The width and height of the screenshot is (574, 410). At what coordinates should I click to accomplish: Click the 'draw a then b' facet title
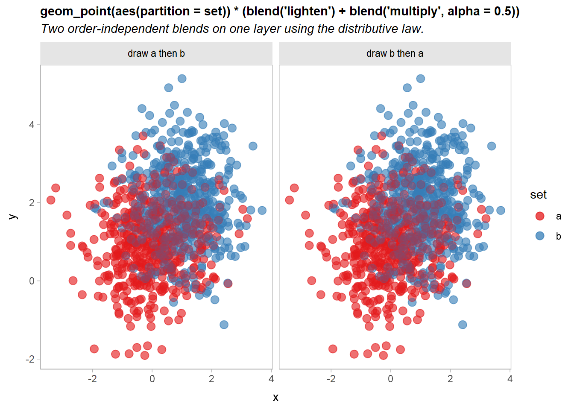[x=156, y=53]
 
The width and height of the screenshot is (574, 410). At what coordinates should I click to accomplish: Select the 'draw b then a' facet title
[x=395, y=53]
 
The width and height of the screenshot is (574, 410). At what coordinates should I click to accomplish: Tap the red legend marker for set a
[x=540, y=216]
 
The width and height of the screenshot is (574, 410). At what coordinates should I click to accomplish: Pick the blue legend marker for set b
[x=540, y=236]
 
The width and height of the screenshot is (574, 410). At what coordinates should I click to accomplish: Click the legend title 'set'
[x=538, y=195]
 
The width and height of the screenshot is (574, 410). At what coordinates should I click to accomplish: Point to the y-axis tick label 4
[x=32, y=125]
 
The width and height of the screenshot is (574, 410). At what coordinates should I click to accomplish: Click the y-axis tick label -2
[x=30, y=359]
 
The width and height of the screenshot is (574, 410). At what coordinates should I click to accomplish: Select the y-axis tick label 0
[x=32, y=281]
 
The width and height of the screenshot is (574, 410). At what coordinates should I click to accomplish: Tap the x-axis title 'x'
[x=275, y=397]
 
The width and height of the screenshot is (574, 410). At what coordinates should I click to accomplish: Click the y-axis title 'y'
[x=13, y=217]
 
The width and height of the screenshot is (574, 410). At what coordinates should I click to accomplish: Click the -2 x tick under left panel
[x=92, y=379]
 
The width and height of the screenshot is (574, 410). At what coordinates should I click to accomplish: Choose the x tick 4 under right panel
[x=510, y=379]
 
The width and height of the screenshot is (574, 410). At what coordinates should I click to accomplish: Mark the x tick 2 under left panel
[x=211, y=379]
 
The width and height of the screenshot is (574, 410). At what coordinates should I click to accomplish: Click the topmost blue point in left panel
[x=182, y=79]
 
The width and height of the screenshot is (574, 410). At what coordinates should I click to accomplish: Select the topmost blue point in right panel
[x=421, y=79]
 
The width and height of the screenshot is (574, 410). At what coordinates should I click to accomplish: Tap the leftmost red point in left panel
[x=51, y=200]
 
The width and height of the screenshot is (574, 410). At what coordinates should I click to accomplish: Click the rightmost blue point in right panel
[x=501, y=211]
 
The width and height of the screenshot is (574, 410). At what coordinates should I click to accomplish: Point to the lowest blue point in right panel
[x=463, y=325]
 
